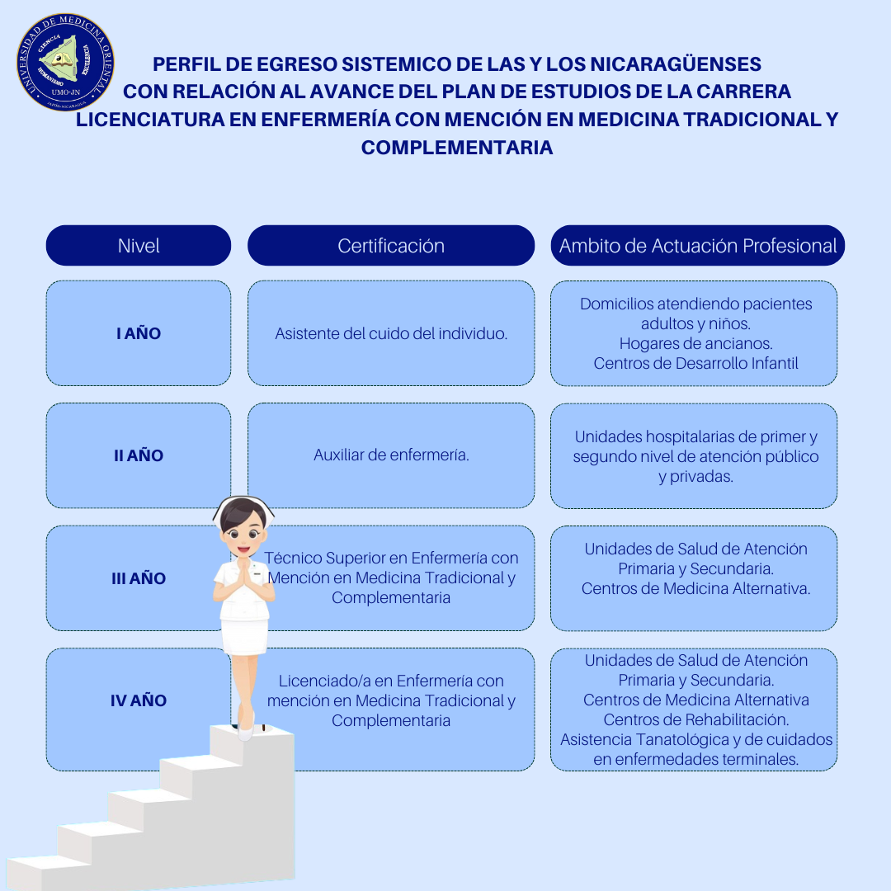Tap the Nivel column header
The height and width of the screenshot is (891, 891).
pos(139,246)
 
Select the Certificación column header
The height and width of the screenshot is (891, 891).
pos(391,246)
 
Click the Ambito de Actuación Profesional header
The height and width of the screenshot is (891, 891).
pos(698,246)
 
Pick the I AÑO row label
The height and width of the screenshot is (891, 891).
pos(139,333)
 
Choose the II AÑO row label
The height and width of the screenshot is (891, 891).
pos(139,455)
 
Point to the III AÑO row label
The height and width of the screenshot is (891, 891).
pos(139,578)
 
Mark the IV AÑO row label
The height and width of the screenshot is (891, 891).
pos(139,700)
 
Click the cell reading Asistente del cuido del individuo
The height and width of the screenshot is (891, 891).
pos(391,333)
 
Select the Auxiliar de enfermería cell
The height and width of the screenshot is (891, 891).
pos(391,455)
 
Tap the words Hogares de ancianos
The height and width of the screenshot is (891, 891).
pos(695,343)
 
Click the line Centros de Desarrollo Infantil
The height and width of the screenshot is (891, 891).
pos(695,363)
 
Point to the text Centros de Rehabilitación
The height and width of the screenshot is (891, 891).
pos(695,719)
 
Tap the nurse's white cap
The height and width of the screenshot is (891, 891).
pos(244,504)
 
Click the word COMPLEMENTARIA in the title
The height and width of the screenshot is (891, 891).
pos(457,148)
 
